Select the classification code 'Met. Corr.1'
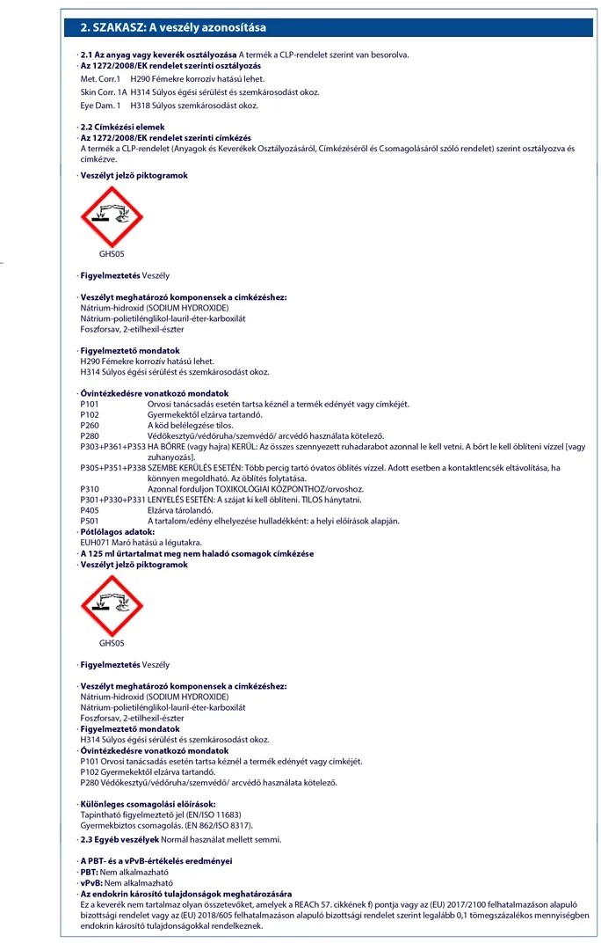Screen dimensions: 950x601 coord(100,79)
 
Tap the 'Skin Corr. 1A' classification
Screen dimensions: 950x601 coord(104,92)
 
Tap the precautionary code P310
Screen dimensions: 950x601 coord(91,489)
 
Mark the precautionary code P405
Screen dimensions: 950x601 coord(91,510)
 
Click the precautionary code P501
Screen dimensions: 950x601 coord(91,521)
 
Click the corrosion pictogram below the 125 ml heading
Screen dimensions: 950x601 coord(111,606)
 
